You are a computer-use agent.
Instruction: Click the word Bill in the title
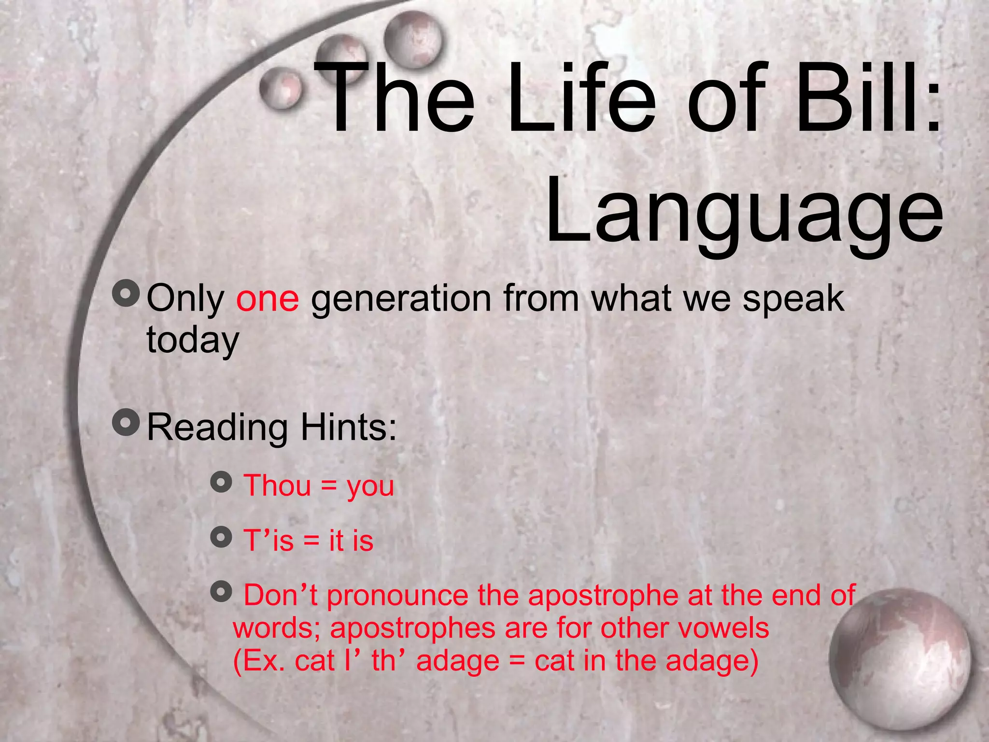point(860,99)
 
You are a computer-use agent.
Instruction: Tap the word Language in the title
point(744,213)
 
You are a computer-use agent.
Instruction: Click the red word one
point(268,299)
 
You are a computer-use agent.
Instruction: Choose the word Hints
point(348,427)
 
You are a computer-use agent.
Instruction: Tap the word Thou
point(277,485)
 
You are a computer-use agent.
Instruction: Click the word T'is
point(268,540)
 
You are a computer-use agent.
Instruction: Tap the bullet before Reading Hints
point(126,422)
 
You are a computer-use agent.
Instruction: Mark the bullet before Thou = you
point(221,482)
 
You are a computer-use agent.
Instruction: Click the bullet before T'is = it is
point(221,537)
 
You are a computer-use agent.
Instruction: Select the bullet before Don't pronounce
point(221,591)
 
